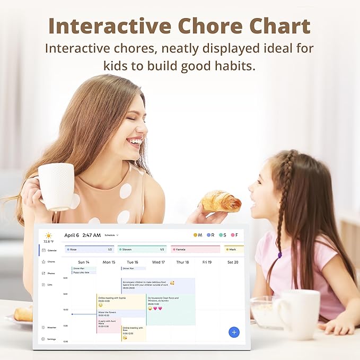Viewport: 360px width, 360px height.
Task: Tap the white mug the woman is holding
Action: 56,186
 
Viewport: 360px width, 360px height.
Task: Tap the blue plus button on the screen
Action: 234,332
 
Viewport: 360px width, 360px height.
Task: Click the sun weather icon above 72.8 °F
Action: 49,235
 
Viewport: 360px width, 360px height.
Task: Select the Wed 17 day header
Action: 159,262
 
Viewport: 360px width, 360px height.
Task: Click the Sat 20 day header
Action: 232,262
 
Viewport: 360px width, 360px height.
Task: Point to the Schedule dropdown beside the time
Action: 111,235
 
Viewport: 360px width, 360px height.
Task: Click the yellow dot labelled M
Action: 196,235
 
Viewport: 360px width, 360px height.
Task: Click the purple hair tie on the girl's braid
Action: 280,255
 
